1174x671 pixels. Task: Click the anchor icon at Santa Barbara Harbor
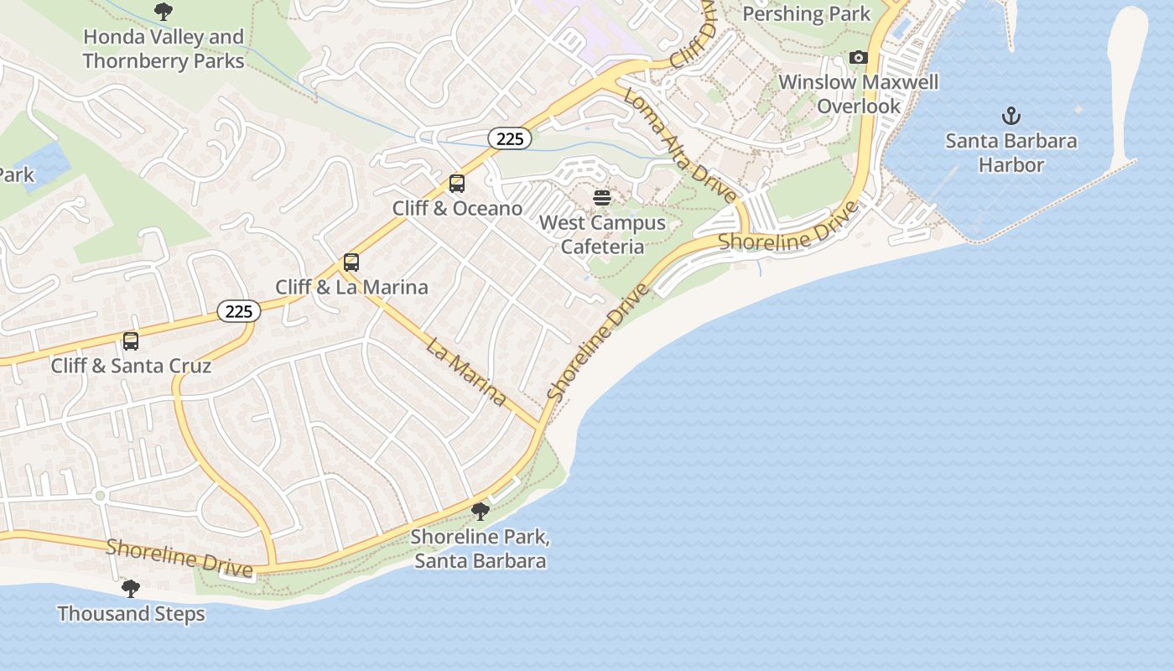[1011, 116]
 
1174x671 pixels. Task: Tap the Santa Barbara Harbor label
[1011, 153]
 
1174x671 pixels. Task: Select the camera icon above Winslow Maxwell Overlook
[858, 58]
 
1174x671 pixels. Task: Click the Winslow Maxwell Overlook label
[859, 94]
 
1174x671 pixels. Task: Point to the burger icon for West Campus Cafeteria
[602, 198]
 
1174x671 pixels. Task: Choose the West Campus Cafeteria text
[602, 235]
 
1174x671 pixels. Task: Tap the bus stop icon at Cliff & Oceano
[457, 183]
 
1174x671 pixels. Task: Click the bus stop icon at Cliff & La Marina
[351, 262]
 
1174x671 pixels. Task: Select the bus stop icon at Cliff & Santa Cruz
[131, 341]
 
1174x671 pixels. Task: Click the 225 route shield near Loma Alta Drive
[510, 139]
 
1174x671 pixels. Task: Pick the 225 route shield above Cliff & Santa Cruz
[239, 312]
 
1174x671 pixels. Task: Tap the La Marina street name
[466, 371]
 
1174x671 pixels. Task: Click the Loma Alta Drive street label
[680, 144]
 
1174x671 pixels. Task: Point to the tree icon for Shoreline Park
[481, 511]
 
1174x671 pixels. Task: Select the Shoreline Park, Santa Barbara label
[481, 549]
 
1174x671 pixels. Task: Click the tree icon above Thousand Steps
[131, 588]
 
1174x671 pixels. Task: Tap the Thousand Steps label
[131, 614]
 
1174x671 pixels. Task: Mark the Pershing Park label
[807, 14]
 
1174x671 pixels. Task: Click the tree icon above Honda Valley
[164, 12]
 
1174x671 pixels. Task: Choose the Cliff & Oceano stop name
[457, 208]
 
